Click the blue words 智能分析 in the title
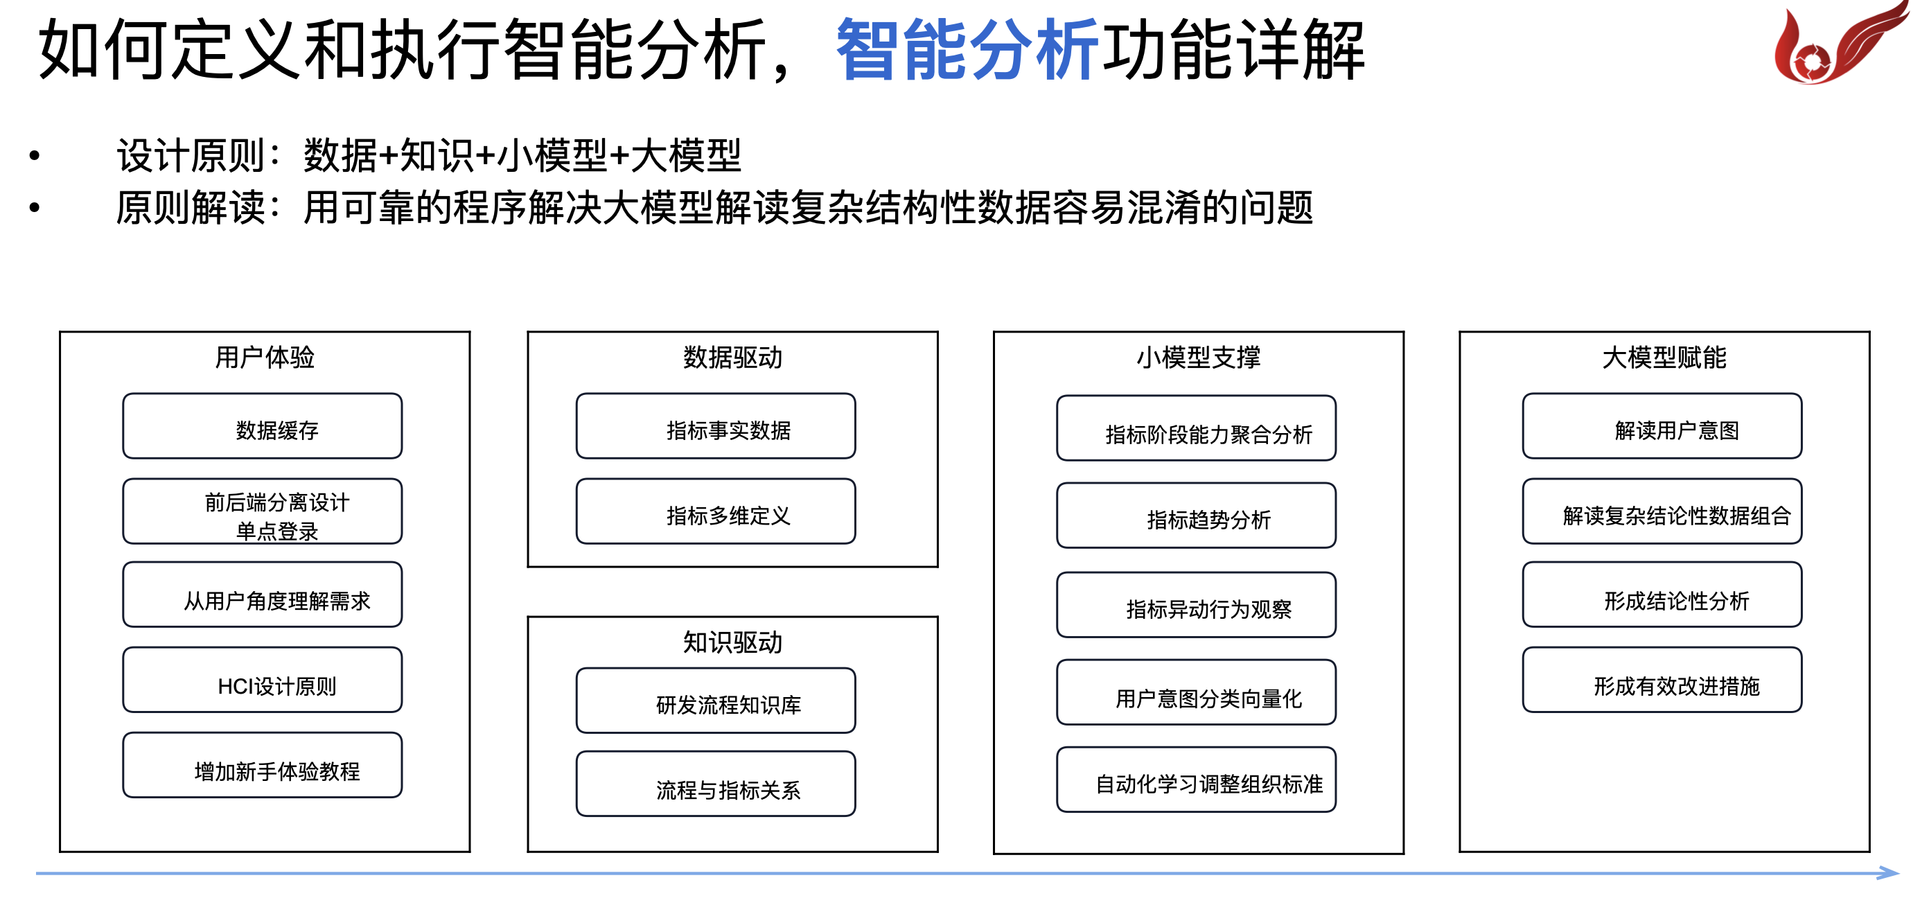coord(967,50)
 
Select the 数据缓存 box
coord(262,425)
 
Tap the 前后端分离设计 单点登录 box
coord(262,511)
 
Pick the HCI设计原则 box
coord(262,680)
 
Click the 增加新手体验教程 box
coord(262,765)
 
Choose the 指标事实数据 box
coord(716,425)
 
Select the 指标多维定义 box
coord(716,511)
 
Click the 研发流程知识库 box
coord(716,701)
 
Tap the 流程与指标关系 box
coord(716,784)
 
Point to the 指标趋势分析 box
coord(1197,516)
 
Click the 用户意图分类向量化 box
coord(1197,692)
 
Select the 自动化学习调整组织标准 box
coord(1197,779)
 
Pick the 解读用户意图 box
coord(1662,425)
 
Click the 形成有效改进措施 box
coord(1662,680)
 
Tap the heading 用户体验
coord(265,358)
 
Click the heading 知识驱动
coord(732,642)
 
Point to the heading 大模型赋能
coord(1664,358)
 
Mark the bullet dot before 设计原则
coord(35,156)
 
